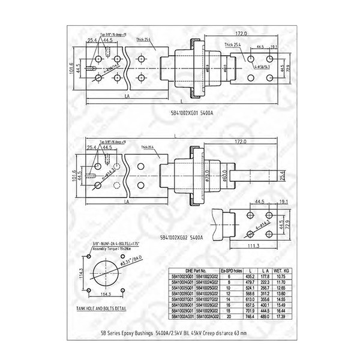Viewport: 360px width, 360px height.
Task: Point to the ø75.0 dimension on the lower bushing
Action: (205, 177)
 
